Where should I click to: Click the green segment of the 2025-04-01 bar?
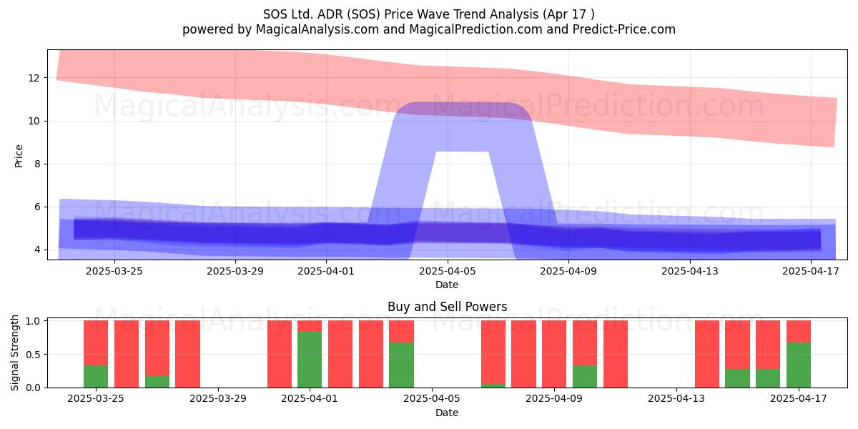click(x=310, y=359)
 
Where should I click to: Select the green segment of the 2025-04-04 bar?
click(x=401, y=365)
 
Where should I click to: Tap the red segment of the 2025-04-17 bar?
click(x=799, y=331)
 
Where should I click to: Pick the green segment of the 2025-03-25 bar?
click(x=96, y=376)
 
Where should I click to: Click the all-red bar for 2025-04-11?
click(x=616, y=354)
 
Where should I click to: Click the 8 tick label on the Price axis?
click(x=36, y=164)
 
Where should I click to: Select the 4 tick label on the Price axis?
click(x=36, y=250)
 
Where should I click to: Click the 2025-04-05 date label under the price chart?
click(x=447, y=271)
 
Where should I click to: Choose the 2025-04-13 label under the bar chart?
click(x=676, y=398)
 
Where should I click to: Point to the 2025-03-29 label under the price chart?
click(x=235, y=271)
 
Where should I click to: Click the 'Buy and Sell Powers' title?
click(x=447, y=307)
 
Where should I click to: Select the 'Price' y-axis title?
click(x=19, y=156)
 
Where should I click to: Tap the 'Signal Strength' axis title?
click(x=14, y=352)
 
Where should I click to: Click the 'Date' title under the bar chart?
click(x=447, y=413)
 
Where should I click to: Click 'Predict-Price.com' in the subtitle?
click(x=624, y=29)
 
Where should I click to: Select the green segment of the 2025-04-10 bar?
click(x=585, y=376)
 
